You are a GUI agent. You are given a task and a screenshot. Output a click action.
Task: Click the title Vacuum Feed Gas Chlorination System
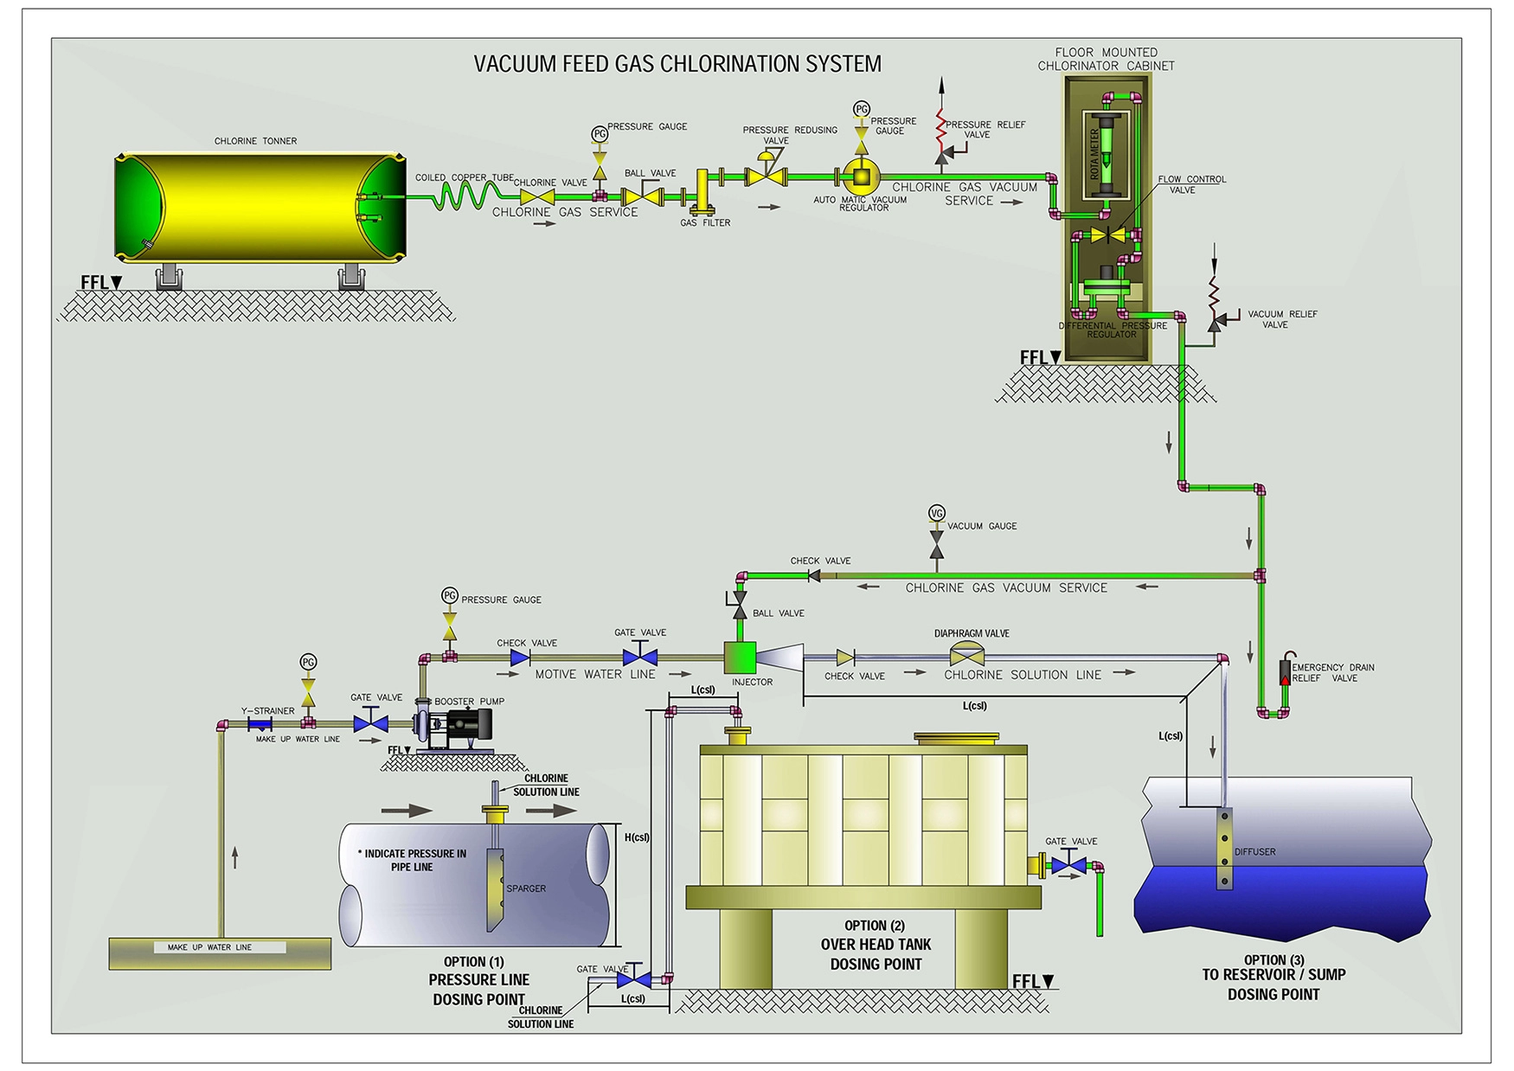tap(677, 64)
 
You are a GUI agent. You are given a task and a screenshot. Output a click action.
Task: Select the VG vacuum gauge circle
tap(936, 513)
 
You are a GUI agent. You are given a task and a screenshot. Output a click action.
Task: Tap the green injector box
tap(740, 657)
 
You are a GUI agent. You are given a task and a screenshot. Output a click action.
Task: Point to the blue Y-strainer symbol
tap(260, 724)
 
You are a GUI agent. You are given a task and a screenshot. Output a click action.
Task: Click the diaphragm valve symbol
tap(966, 655)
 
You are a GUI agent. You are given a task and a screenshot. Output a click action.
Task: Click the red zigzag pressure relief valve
tap(942, 130)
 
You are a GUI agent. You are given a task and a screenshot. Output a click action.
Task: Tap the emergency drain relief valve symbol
tap(1285, 671)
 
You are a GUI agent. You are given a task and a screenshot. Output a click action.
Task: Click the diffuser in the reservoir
tap(1223, 849)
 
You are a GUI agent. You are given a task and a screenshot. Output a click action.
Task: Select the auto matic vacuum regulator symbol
tap(862, 176)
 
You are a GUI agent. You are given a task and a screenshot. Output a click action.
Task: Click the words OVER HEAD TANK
tap(876, 945)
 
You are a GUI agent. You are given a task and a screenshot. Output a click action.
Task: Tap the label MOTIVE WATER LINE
tap(594, 674)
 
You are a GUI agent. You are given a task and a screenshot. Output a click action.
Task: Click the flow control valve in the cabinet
tap(1107, 235)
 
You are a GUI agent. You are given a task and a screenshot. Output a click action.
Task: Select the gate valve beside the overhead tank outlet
tap(1069, 863)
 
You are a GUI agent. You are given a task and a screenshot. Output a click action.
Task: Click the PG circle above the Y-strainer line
tap(308, 662)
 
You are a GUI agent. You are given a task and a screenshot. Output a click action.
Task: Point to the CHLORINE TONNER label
tap(255, 141)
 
